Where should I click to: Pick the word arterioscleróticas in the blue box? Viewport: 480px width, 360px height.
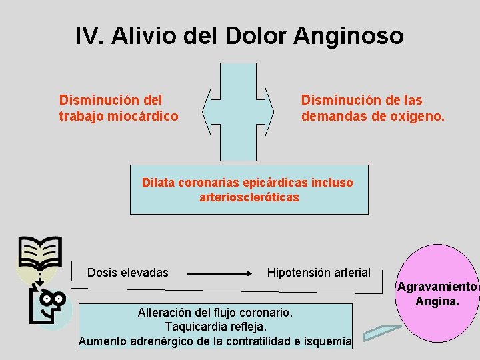249,197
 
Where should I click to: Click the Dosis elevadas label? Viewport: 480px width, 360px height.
128,273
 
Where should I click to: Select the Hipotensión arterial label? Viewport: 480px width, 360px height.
319,273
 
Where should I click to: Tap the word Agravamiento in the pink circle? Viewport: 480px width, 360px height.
437,287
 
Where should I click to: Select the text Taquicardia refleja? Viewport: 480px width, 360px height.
215,327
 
